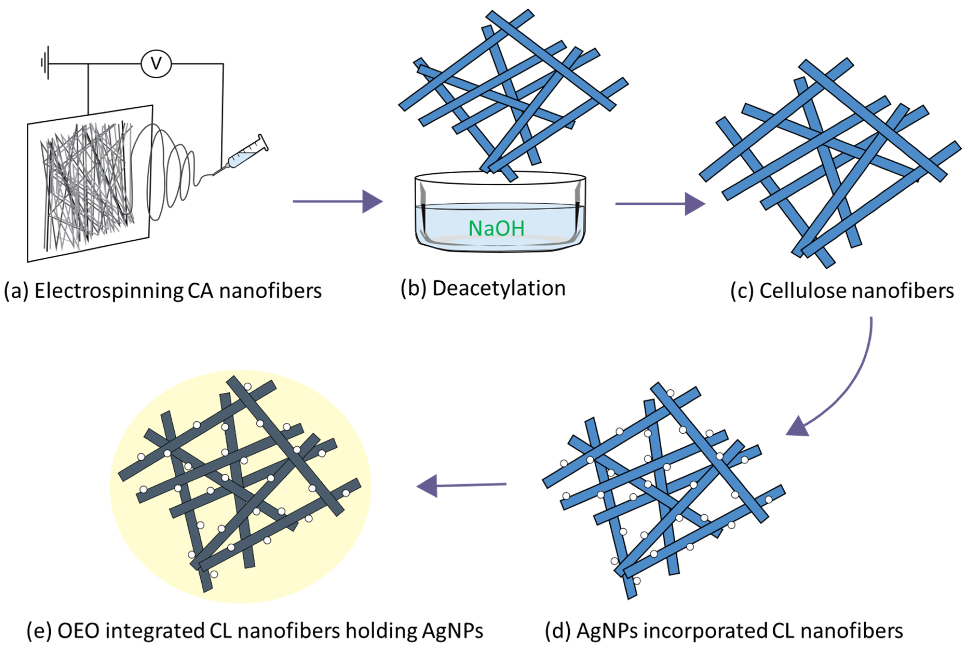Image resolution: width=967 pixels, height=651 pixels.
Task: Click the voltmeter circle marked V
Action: [x=156, y=64]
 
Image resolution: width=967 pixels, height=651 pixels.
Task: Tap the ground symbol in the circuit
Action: [x=46, y=63]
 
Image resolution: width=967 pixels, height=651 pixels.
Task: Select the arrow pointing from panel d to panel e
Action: [x=461, y=485]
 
